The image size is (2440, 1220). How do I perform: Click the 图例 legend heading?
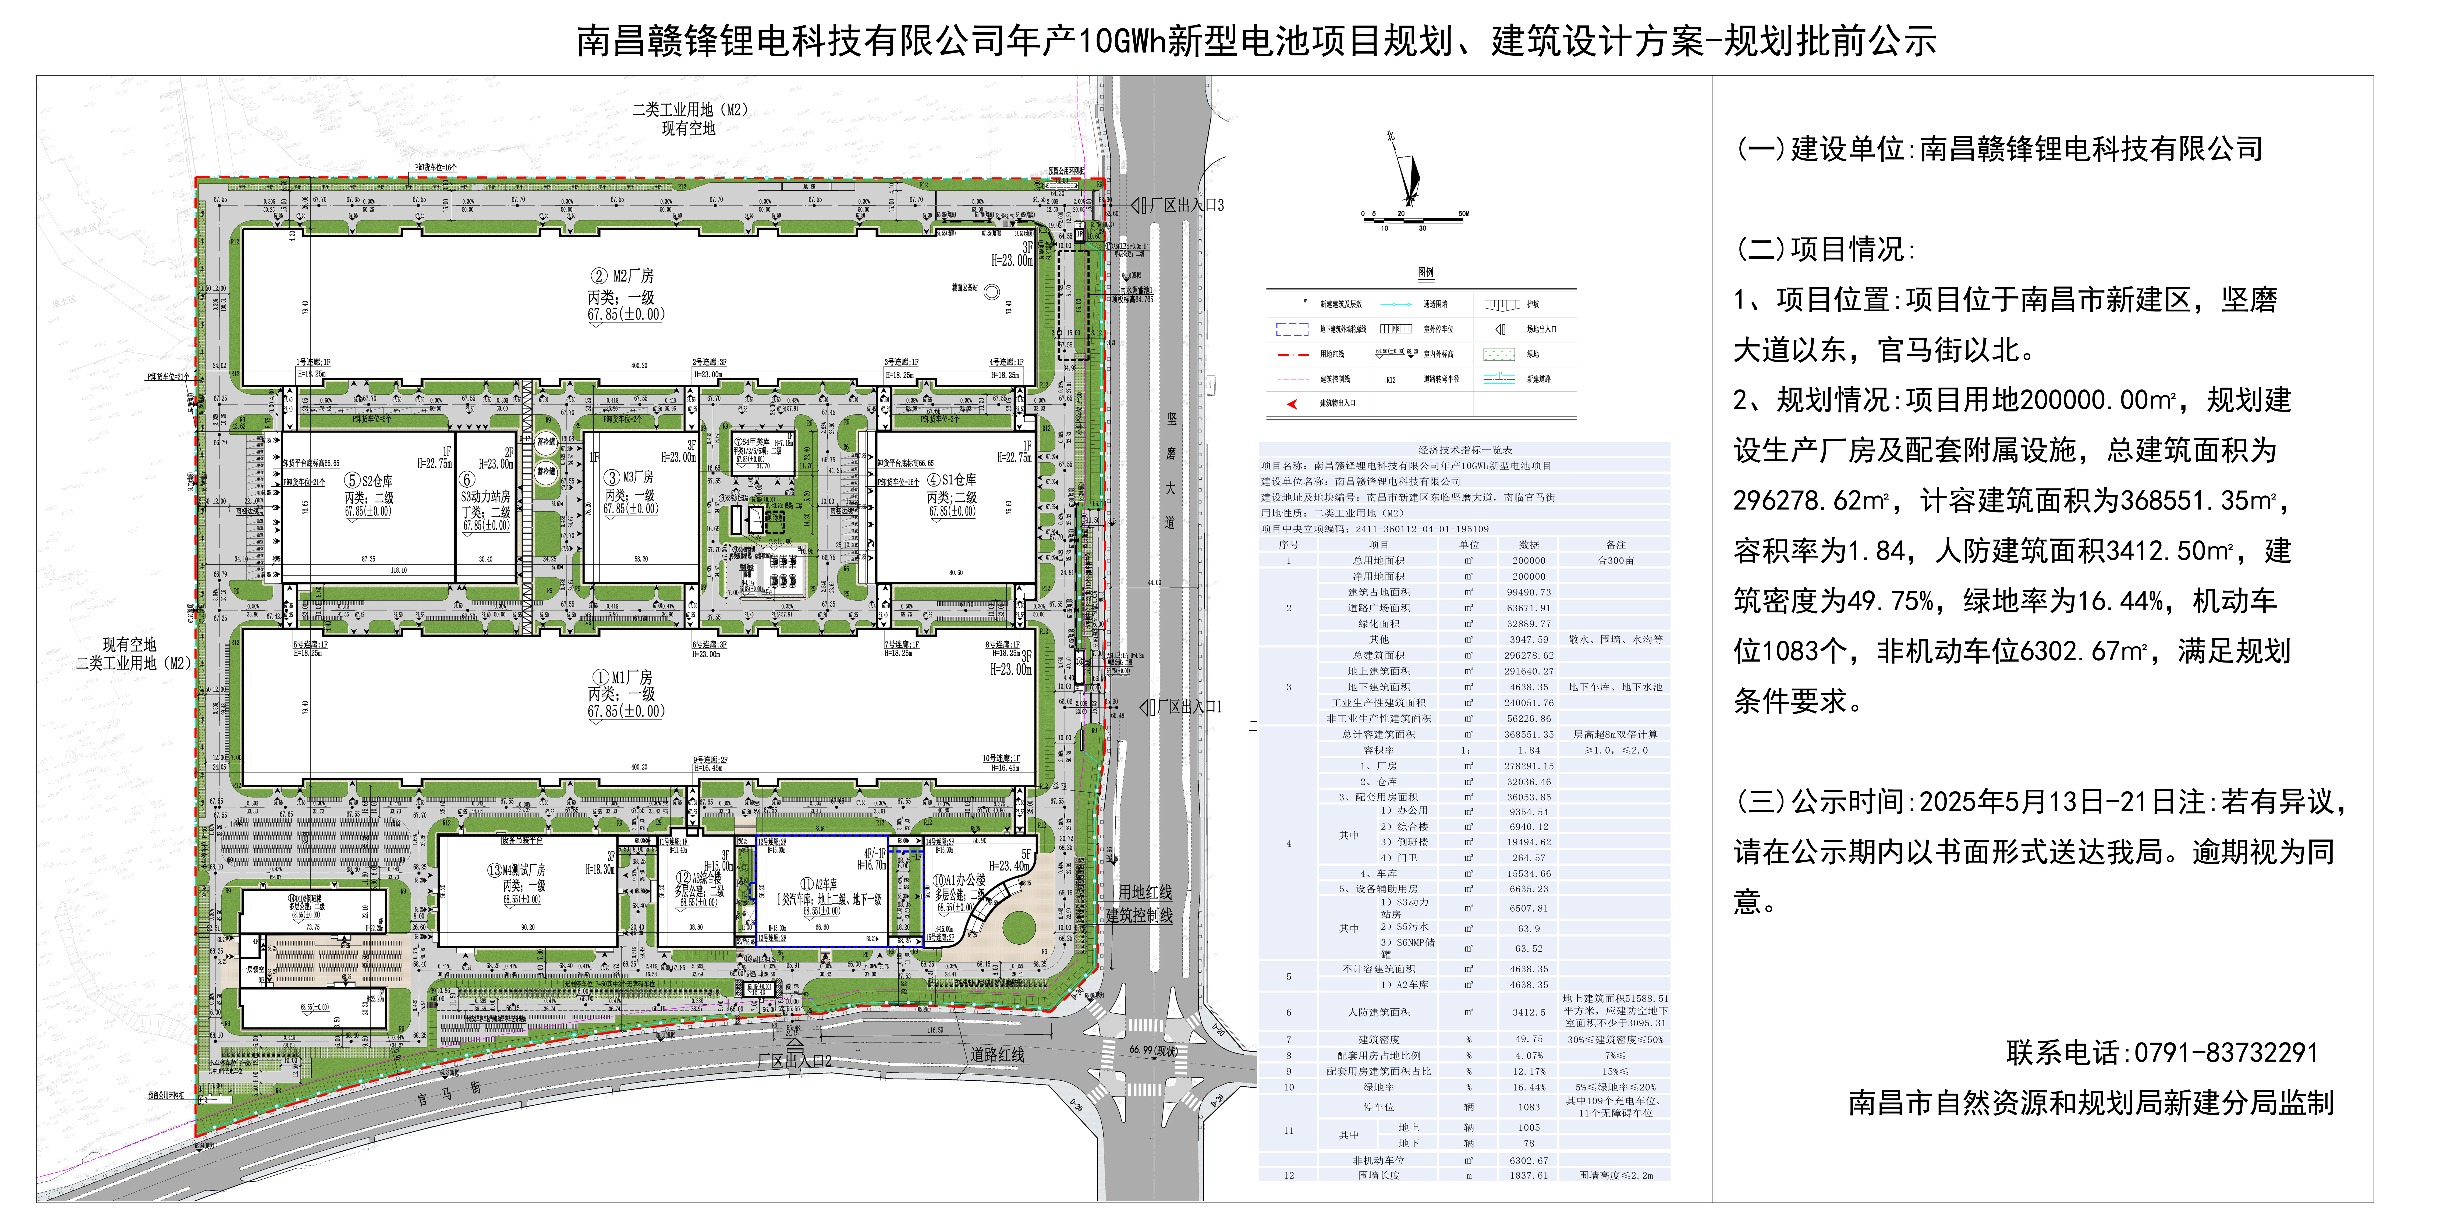[1425, 273]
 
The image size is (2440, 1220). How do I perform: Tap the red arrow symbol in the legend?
[1292, 403]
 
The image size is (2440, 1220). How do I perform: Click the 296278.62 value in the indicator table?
[1529, 655]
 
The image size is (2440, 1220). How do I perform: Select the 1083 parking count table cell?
[1529, 1106]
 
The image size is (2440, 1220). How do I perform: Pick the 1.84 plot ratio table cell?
[1529, 750]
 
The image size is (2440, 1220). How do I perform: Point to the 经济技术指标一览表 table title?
[1464, 450]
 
